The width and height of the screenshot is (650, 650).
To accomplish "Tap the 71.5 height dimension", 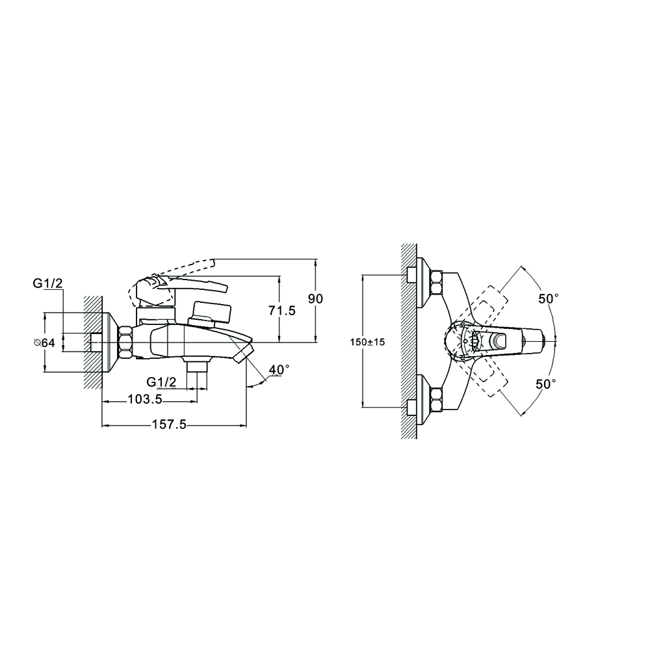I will (282, 311).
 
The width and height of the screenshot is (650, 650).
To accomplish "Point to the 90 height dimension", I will (315, 298).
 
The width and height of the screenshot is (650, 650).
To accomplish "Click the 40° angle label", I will (278, 369).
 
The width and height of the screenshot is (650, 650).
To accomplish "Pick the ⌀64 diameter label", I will (44, 343).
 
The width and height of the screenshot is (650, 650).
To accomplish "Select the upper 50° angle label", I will (547, 298).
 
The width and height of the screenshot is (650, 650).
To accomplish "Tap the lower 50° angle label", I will (546, 384).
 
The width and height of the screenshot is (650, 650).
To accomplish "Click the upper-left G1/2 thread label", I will (47, 283).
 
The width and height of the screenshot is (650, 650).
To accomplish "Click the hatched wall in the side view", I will (92, 341).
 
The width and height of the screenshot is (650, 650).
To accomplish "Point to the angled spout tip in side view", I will (243, 352).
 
